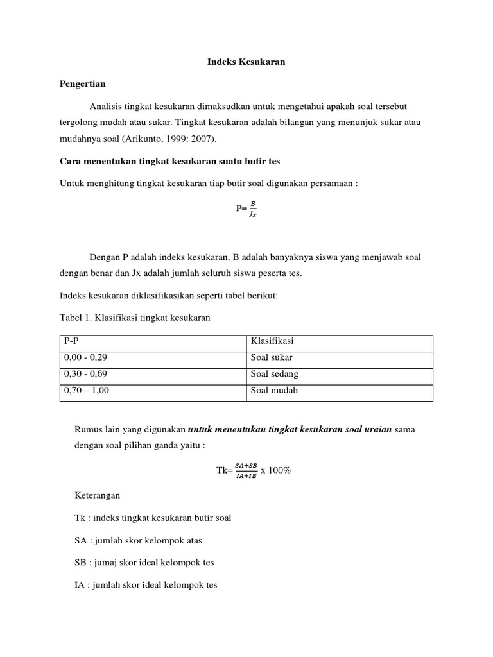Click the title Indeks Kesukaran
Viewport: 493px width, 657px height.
pos(246,62)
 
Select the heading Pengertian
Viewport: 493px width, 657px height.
pos(82,83)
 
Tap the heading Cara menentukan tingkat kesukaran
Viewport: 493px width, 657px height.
pos(166,161)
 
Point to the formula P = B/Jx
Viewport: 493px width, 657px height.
pos(246,209)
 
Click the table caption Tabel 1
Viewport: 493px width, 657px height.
pos(135,318)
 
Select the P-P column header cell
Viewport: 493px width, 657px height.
pos(153,342)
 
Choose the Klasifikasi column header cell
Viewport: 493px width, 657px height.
pos(339,342)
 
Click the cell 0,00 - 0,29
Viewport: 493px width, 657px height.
pos(153,358)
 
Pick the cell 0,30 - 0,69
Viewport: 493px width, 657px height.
pos(153,374)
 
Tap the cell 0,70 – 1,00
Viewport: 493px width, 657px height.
pos(153,390)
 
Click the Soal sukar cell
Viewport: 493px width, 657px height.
pos(339,358)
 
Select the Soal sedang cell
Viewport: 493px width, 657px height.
pos(339,374)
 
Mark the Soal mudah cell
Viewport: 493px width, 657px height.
pos(339,390)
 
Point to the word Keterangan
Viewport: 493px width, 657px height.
pos(97,496)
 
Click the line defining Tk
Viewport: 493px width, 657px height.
pos(153,518)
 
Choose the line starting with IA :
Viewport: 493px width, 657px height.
pos(146,585)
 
